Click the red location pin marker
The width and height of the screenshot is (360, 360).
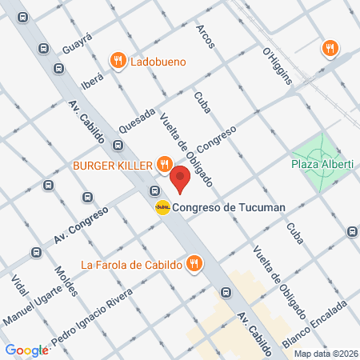coord(180,180)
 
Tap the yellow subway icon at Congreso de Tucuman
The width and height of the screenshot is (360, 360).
coord(162,207)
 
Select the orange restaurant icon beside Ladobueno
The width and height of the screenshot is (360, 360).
coord(118,60)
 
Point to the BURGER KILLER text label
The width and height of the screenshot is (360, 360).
coord(123,165)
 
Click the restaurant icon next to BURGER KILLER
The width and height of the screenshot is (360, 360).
coord(163,165)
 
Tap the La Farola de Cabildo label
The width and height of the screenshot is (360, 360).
coord(131,265)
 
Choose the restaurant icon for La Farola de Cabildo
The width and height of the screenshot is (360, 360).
coord(193,262)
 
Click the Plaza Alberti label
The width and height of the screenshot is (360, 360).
coord(322,164)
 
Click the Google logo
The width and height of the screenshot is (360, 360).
coord(26,350)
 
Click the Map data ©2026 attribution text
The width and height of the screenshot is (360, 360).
coord(325,354)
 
